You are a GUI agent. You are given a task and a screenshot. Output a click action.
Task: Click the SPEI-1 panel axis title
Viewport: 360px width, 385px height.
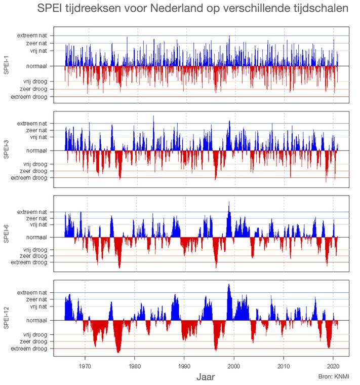click(x=6, y=66)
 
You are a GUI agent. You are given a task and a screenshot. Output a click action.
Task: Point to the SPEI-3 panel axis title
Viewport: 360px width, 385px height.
click(x=6, y=150)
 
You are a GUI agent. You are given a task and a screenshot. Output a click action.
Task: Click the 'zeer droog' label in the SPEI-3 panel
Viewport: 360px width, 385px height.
click(x=34, y=171)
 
